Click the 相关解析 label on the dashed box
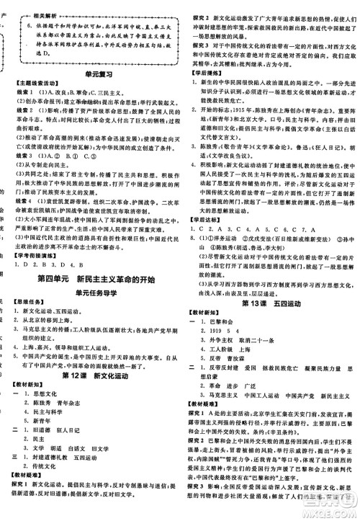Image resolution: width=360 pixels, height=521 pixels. (x=37, y=14)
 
